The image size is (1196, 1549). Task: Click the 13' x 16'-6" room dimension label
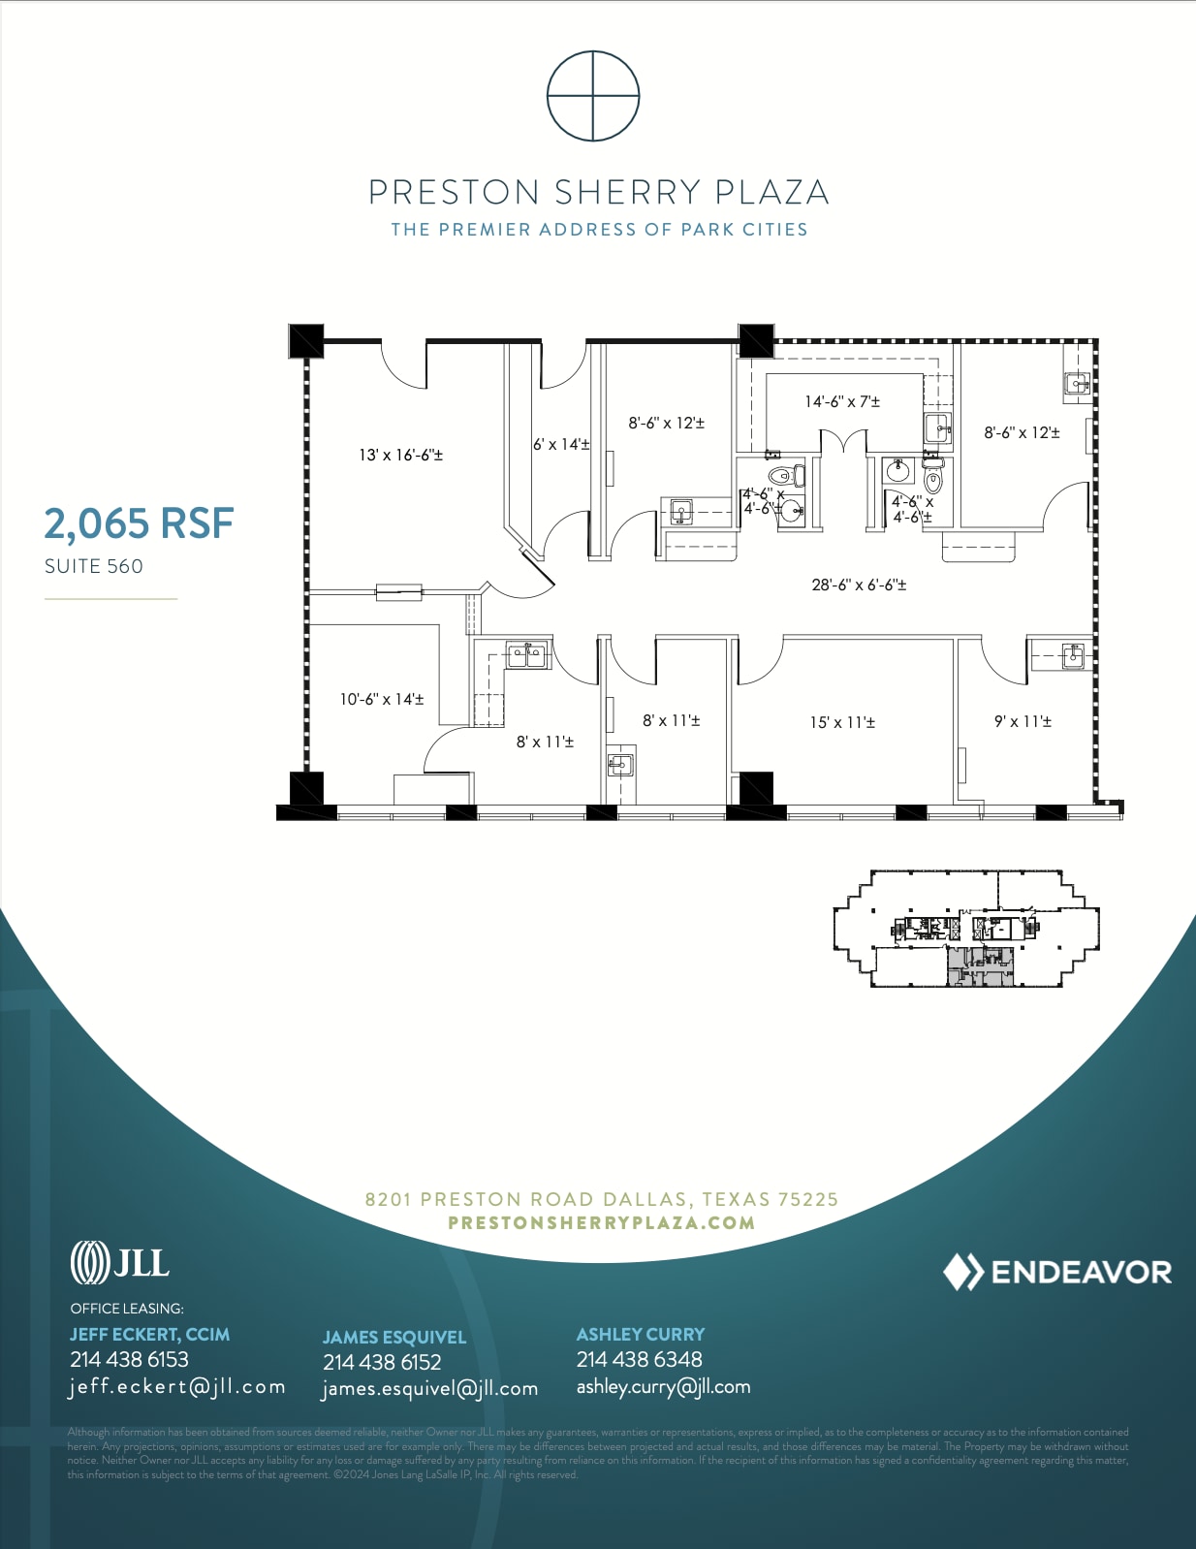(x=400, y=455)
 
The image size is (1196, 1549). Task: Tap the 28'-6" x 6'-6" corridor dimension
(x=859, y=585)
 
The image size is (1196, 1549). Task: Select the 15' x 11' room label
(x=842, y=722)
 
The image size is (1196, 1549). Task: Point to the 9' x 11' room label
(x=1023, y=721)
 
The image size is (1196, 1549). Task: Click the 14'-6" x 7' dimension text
(x=842, y=401)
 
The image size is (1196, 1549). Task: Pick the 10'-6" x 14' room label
(x=381, y=699)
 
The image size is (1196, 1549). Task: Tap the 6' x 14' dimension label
(x=561, y=444)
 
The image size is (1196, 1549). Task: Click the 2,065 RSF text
(x=139, y=523)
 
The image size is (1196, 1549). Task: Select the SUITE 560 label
(x=94, y=566)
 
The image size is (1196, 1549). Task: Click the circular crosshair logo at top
(x=593, y=96)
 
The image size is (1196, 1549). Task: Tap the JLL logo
(x=119, y=1262)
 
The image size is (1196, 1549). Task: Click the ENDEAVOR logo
(x=1057, y=1272)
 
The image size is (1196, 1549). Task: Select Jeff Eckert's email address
(x=177, y=1386)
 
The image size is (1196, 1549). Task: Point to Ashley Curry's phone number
(x=639, y=1359)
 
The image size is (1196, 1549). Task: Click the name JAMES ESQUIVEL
(x=393, y=1337)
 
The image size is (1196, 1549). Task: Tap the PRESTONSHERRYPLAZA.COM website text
(x=601, y=1222)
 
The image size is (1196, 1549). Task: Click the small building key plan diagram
(x=966, y=929)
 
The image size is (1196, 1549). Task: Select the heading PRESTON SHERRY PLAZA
(x=598, y=192)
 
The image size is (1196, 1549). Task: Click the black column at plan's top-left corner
(x=306, y=341)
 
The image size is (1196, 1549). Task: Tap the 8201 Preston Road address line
(x=601, y=1199)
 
